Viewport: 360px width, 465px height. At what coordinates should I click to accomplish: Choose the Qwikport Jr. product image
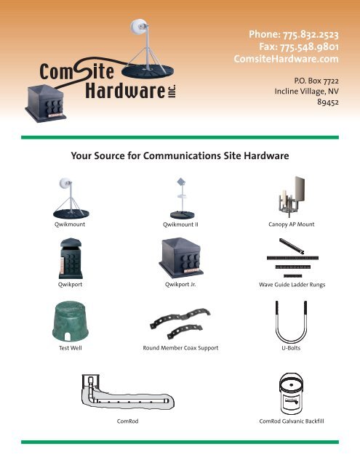181,259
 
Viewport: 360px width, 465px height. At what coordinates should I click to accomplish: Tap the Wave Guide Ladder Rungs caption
292,285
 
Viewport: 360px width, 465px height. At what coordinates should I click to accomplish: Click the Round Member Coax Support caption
181,348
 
